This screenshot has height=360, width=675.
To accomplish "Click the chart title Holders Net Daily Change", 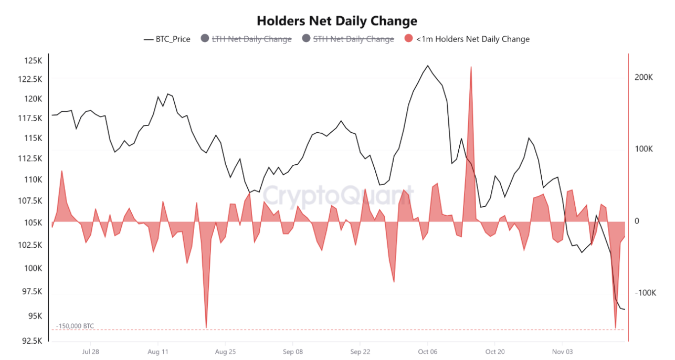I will pyautogui.click(x=337, y=20).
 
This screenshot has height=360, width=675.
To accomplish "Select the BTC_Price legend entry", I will pyautogui.click(x=167, y=39).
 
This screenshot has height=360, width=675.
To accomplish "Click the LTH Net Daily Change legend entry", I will pyautogui.click(x=251, y=39).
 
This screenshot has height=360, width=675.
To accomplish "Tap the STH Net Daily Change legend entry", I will pyautogui.click(x=353, y=39).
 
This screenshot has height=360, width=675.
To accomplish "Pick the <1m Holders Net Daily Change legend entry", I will pyautogui.click(x=472, y=39).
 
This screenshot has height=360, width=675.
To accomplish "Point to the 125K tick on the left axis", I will pyautogui.click(x=33, y=61).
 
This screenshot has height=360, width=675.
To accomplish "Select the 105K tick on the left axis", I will pyautogui.click(x=33, y=223).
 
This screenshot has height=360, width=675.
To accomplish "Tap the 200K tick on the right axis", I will pyautogui.click(x=644, y=77).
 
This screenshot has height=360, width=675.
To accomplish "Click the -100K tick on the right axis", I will pyautogui.click(x=645, y=293).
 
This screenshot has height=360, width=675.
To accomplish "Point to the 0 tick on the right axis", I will pyautogui.click(x=637, y=221).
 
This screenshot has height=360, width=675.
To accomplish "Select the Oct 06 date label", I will pyautogui.click(x=427, y=352).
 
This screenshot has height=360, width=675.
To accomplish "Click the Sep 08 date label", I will pyautogui.click(x=292, y=352).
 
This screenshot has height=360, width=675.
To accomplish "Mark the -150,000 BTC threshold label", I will pyautogui.click(x=75, y=326).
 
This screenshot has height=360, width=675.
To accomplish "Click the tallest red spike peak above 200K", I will pyautogui.click(x=471, y=67).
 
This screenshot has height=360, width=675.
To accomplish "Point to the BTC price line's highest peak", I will pyautogui.click(x=428, y=66).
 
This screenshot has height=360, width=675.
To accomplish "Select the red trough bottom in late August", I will pyautogui.click(x=206, y=327).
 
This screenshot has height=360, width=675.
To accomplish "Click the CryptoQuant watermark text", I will pyautogui.click(x=338, y=195).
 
